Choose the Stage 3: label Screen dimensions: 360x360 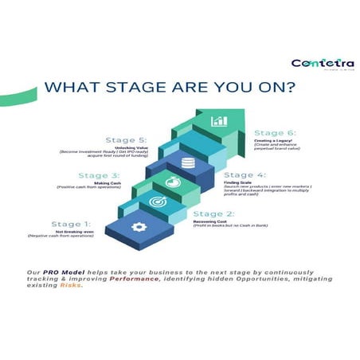(x=100, y=175)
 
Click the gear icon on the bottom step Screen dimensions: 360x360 (x=139, y=227)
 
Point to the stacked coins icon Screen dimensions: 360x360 (x=188, y=163)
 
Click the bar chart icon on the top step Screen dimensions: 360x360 (x=218, y=121)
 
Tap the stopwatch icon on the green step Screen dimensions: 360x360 (x=170, y=182)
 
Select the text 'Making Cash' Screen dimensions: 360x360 (x=104, y=182)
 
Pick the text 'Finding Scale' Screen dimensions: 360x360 (x=237, y=182)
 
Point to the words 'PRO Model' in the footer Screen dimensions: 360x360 (x=56, y=272)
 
